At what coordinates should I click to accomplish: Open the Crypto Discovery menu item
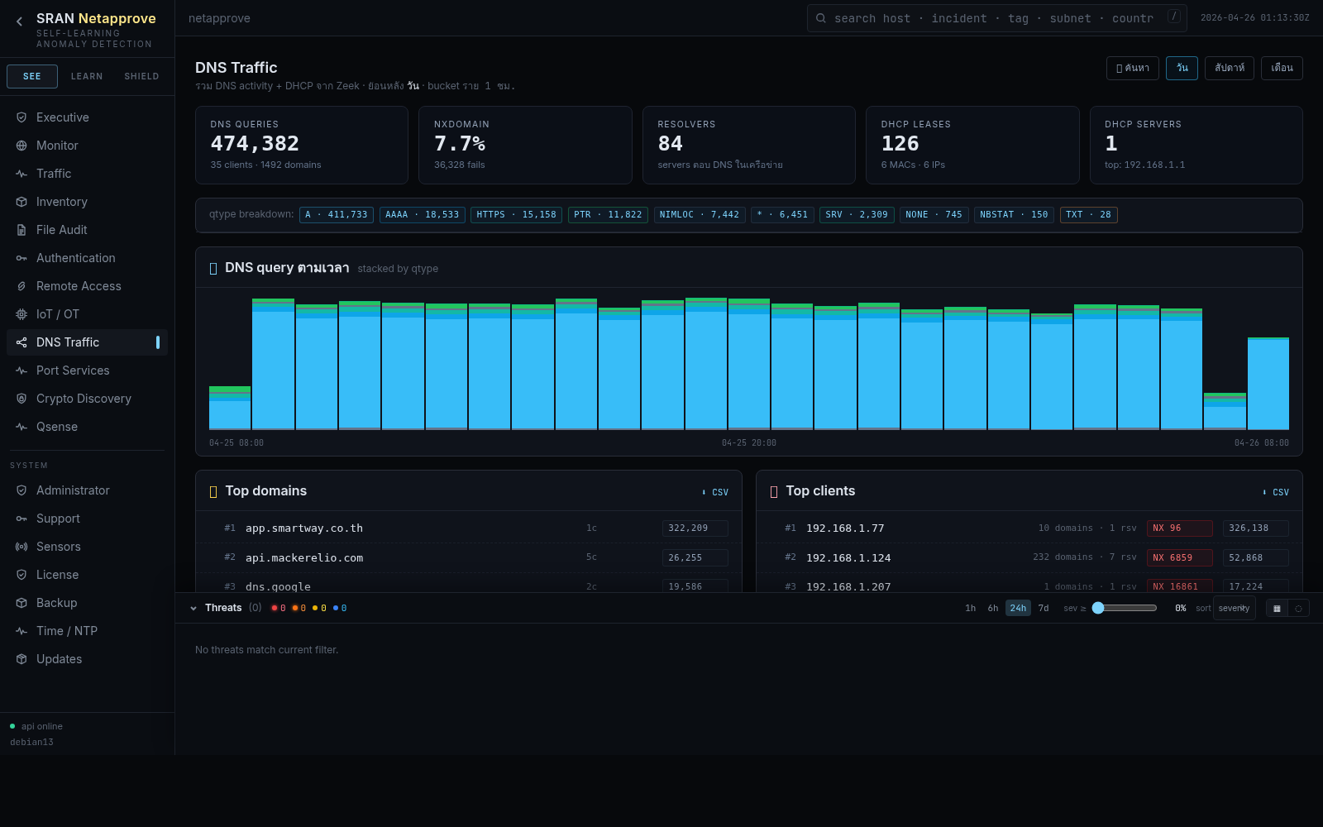(84, 399)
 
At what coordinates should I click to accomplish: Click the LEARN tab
(87, 76)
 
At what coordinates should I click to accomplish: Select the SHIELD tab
(141, 76)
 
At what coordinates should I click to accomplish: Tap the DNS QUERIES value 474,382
(255, 144)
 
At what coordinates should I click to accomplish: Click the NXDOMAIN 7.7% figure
(460, 144)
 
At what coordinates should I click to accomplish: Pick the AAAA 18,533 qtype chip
(422, 215)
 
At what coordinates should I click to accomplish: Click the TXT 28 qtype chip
(1088, 215)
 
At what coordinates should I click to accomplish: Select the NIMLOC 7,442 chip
(699, 215)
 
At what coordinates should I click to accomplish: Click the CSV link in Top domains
(716, 492)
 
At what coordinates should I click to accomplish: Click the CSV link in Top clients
(1277, 492)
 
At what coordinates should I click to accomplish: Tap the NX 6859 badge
(1179, 557)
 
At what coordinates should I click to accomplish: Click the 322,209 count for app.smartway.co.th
(694, 528)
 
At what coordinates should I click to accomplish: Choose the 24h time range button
(1018, 608)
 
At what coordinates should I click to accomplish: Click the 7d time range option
(1044, 608)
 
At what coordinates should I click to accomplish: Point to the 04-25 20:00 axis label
(748, 443)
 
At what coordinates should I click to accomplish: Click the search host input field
(992, 18)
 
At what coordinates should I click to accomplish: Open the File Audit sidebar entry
(61, 230)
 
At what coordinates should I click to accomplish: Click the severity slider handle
(1098, 608)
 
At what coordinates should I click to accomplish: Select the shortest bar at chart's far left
(230, 409)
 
